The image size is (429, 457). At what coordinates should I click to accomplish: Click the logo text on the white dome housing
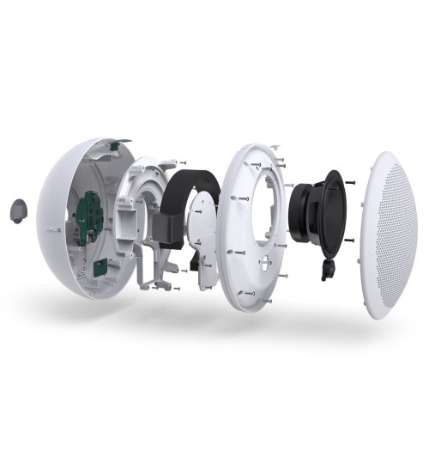(51, 230)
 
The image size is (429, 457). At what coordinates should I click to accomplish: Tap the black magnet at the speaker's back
(300, 220)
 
